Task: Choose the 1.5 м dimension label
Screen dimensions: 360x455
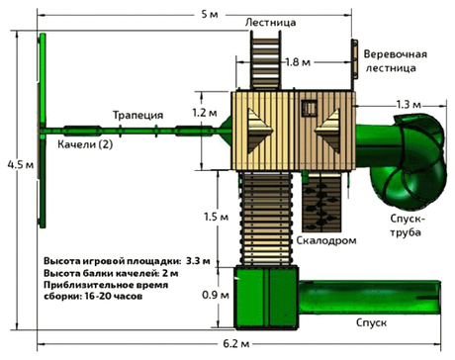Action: point(204,217)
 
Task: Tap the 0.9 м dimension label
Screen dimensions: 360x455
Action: point(204,294)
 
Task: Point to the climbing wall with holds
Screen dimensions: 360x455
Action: point(319,200)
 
